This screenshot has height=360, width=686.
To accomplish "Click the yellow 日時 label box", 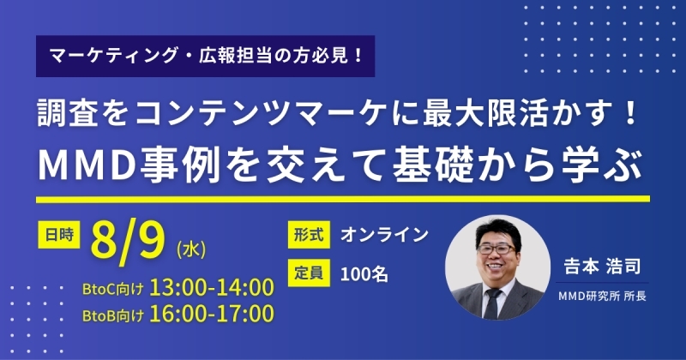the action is [58, 235].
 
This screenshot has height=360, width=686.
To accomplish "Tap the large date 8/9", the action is [128, 242].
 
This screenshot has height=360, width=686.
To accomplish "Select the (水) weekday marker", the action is [191, 249].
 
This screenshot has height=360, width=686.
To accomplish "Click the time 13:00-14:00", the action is [212, 287].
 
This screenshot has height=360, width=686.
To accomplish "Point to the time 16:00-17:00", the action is [212, 314].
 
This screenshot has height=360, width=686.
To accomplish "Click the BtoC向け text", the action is [113, 289].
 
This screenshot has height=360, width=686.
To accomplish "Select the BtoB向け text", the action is [113, 315].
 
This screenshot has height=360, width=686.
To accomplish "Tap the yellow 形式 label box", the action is [309, 235].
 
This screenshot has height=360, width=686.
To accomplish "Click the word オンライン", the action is [384, 235].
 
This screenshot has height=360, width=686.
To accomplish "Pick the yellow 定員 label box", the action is [309, 273].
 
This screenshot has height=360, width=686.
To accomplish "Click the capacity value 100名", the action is [364, 274].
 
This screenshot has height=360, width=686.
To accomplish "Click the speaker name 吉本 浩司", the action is [602, 266].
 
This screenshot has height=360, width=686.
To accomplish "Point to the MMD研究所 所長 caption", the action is [602, 296].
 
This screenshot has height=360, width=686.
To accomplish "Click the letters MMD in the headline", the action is [87, 165].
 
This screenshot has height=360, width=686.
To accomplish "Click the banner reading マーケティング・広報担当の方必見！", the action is [205, 56].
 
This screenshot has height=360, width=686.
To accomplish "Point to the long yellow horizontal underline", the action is [343, 200].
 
